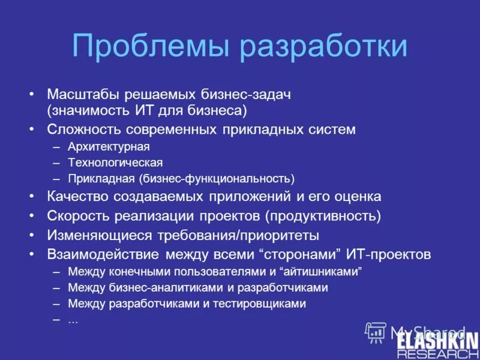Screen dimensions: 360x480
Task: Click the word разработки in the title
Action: pyautogui.click(x=324, y=47)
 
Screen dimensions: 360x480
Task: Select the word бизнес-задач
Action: pyautogui.click(x=254, y=95)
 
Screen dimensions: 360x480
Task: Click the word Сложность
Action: pyautogui.click(x=83, y=130)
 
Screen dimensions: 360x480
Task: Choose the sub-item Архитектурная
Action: pyautogui.click(x=109, y=146)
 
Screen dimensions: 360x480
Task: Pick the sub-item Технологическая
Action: pyautogui.click(x=115, y=163)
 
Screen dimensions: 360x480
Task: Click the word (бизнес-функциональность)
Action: pyautogui.click(x=217, y=179)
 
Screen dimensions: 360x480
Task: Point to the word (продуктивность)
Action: pyautogui.click(x=324, y=216)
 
